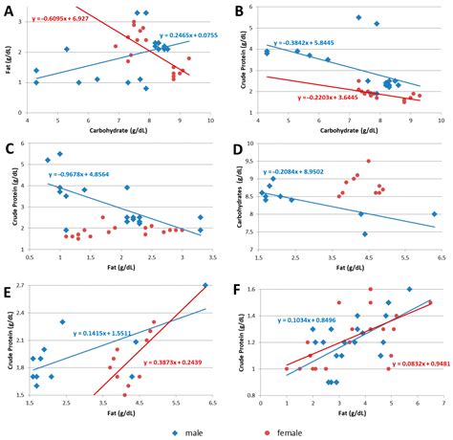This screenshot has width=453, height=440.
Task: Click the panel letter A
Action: click(9, 11)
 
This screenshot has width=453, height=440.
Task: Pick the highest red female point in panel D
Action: click(369, 161)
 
